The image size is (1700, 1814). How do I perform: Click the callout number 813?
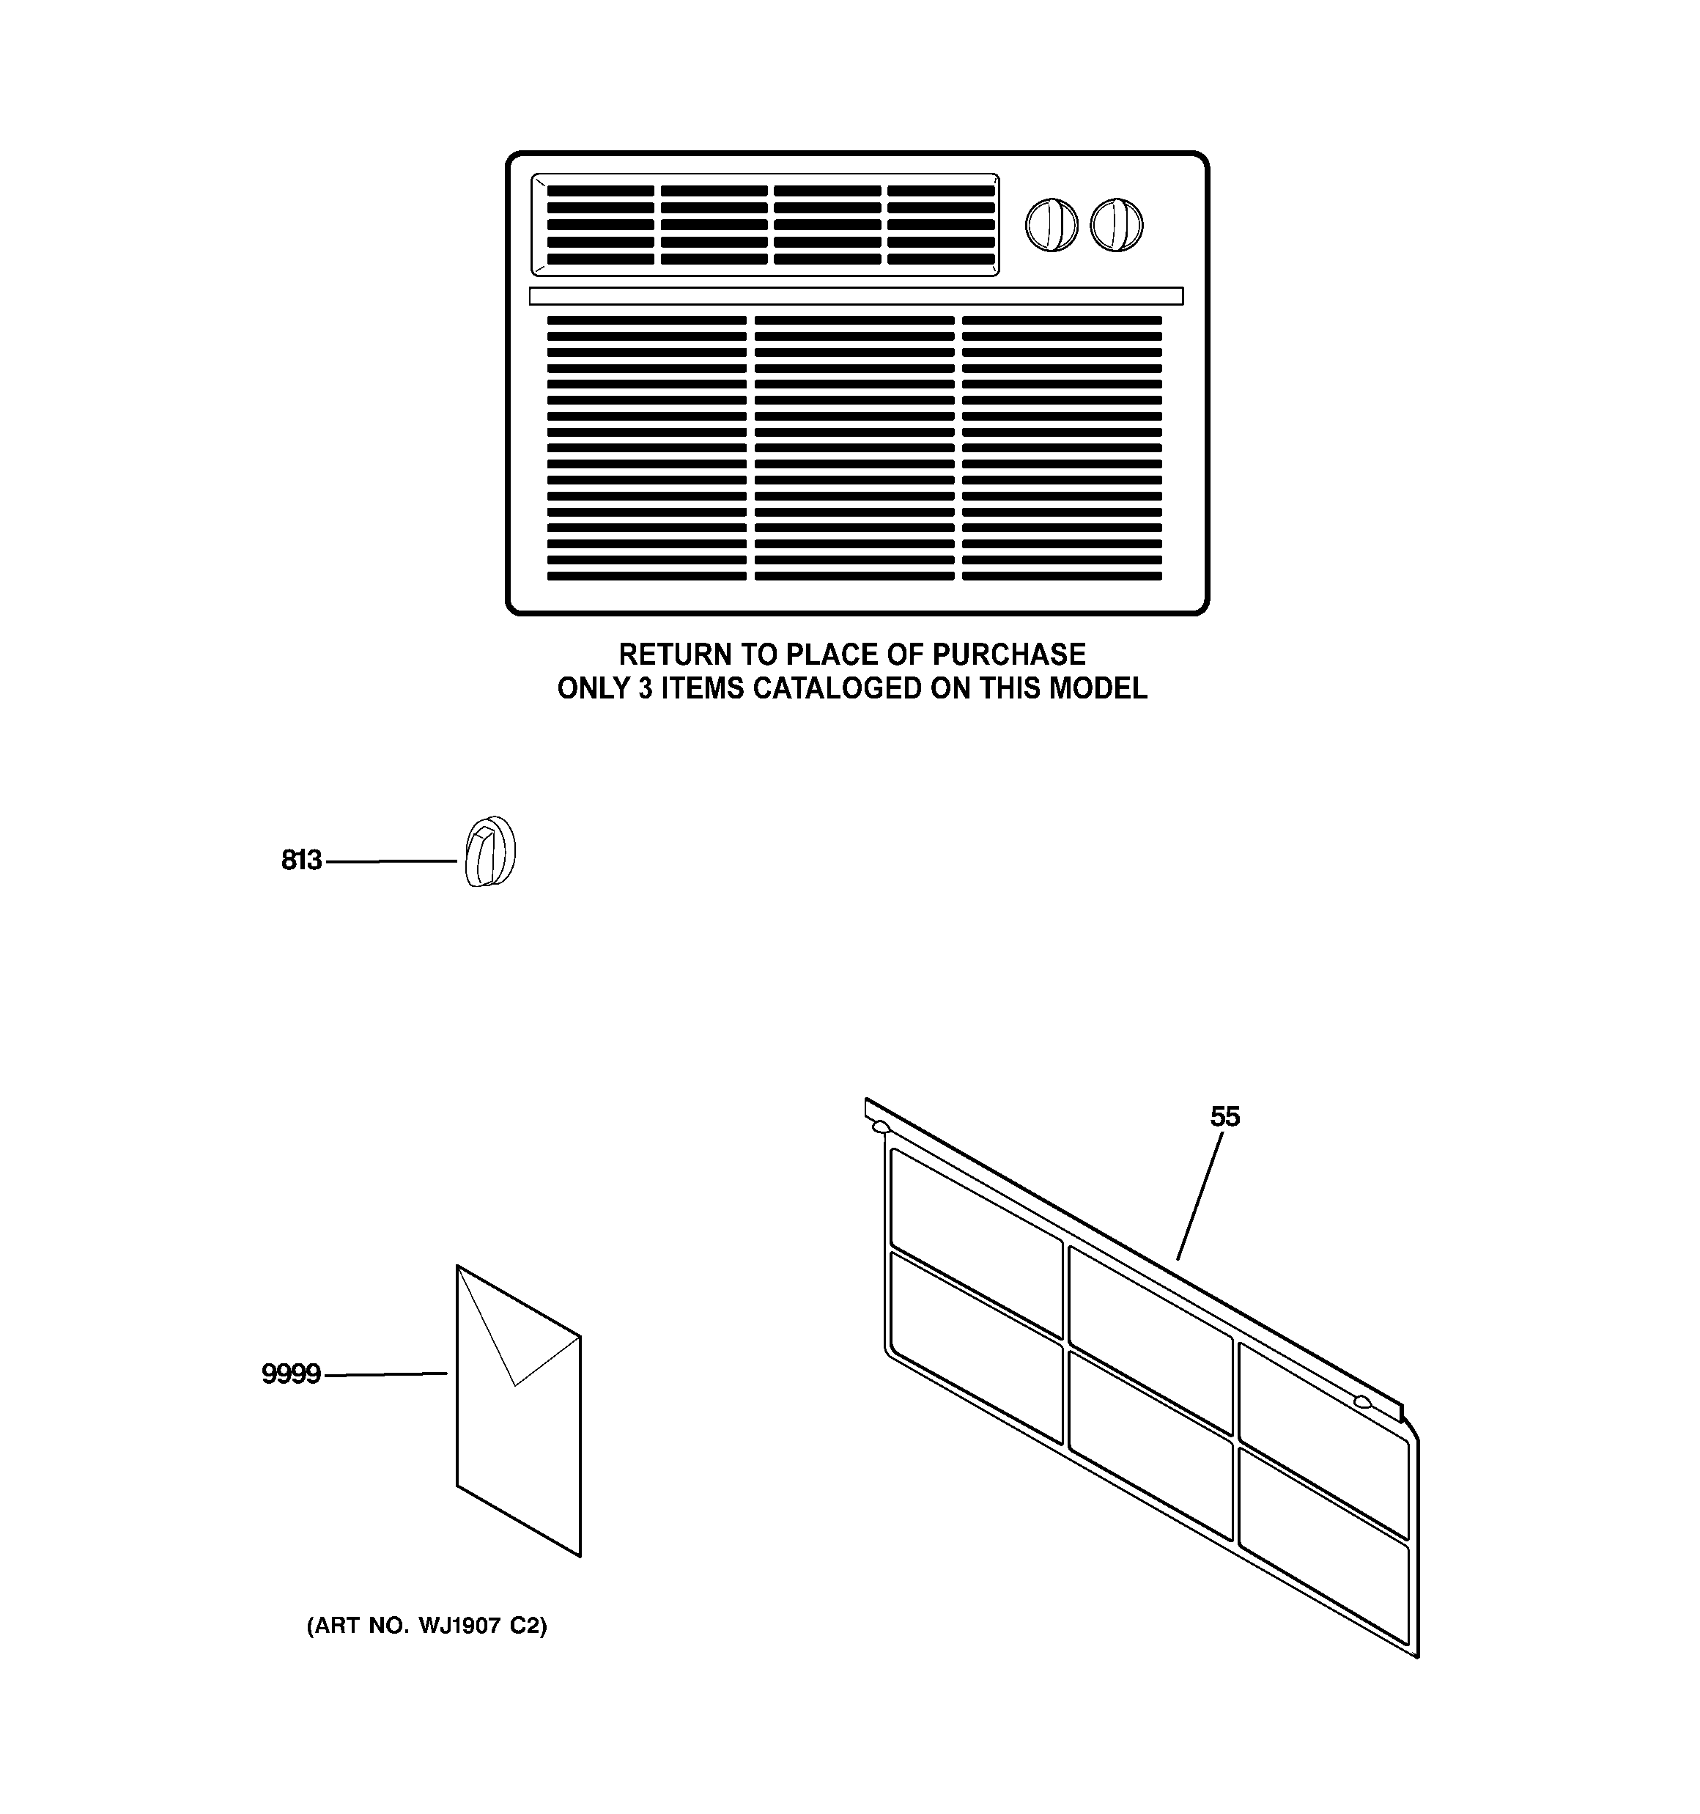click(301, 860)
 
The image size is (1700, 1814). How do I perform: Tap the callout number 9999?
click(291, 1374)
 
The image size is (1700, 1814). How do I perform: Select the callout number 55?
click(1224, 1117)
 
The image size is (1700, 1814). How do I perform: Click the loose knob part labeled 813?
click(490, 852)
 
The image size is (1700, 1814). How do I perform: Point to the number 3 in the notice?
click(645, 688)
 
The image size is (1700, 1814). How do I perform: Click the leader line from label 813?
click(391, 860)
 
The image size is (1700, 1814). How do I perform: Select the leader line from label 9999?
click(386, 1374)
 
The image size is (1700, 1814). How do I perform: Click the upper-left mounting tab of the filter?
click(881, 1127)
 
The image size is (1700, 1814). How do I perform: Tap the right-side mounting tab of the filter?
click(1362, 1401)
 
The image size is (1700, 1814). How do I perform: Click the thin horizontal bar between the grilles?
click(856, 295)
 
